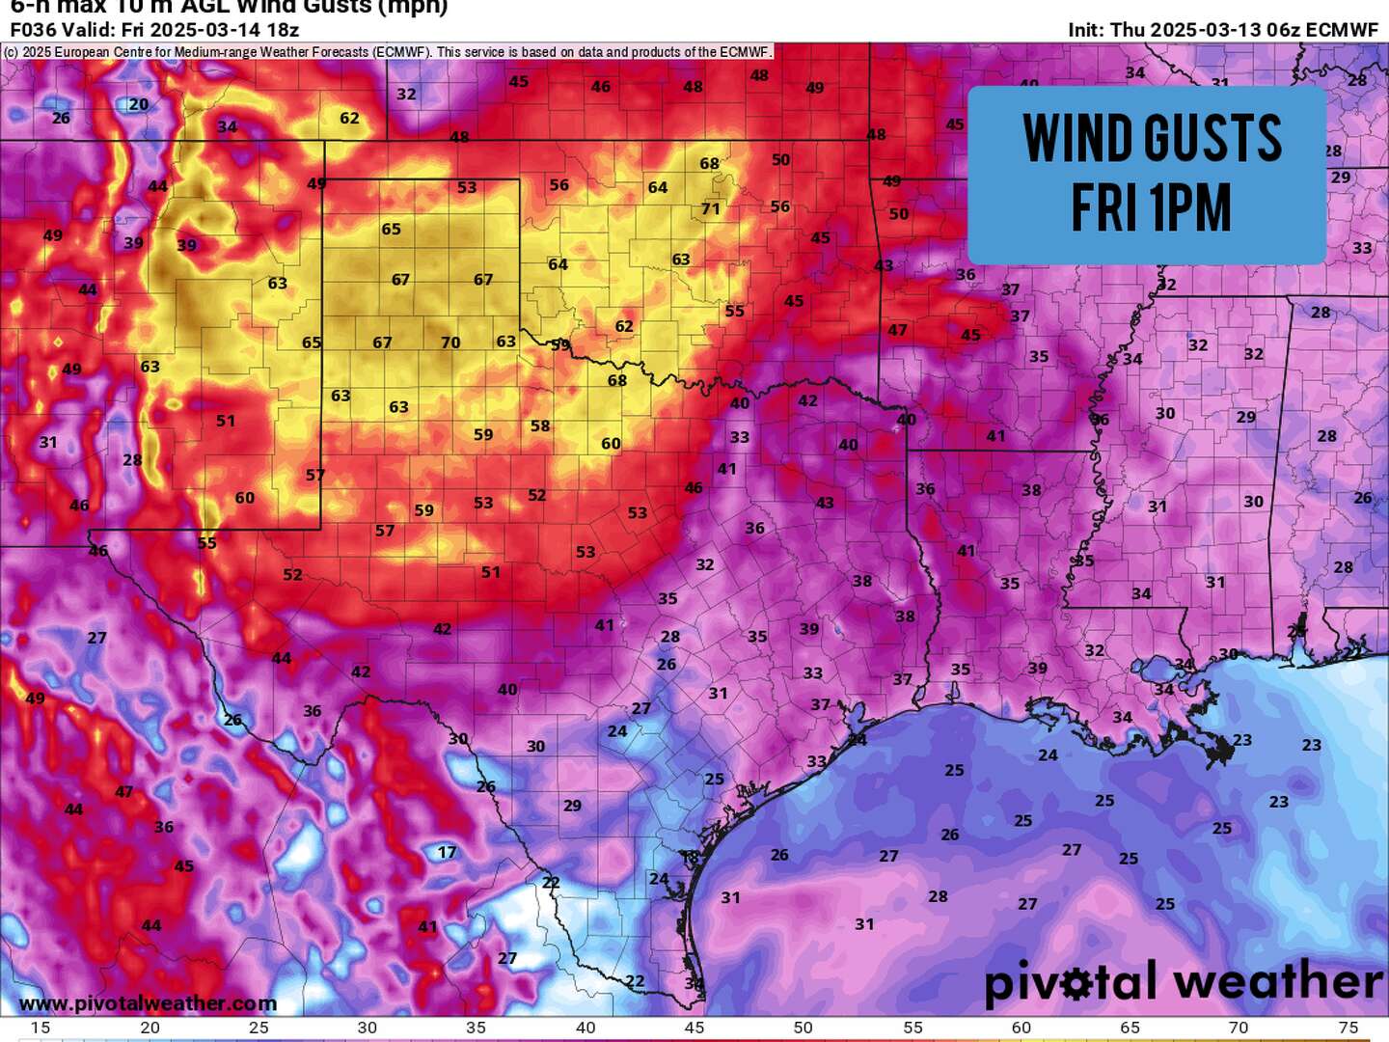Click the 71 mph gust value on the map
(711, 208)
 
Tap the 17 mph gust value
(447, 852)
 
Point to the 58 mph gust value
(540, 425)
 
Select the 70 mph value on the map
(450, 343)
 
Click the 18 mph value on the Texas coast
(690, 857)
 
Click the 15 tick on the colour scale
(41, 1028)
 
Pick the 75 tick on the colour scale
(1348, 1028)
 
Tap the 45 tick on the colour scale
(694, 1028)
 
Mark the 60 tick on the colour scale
(1021, 1028)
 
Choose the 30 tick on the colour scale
(368, 1028)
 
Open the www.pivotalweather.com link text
(148, 1003)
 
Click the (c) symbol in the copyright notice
(11, 52)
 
